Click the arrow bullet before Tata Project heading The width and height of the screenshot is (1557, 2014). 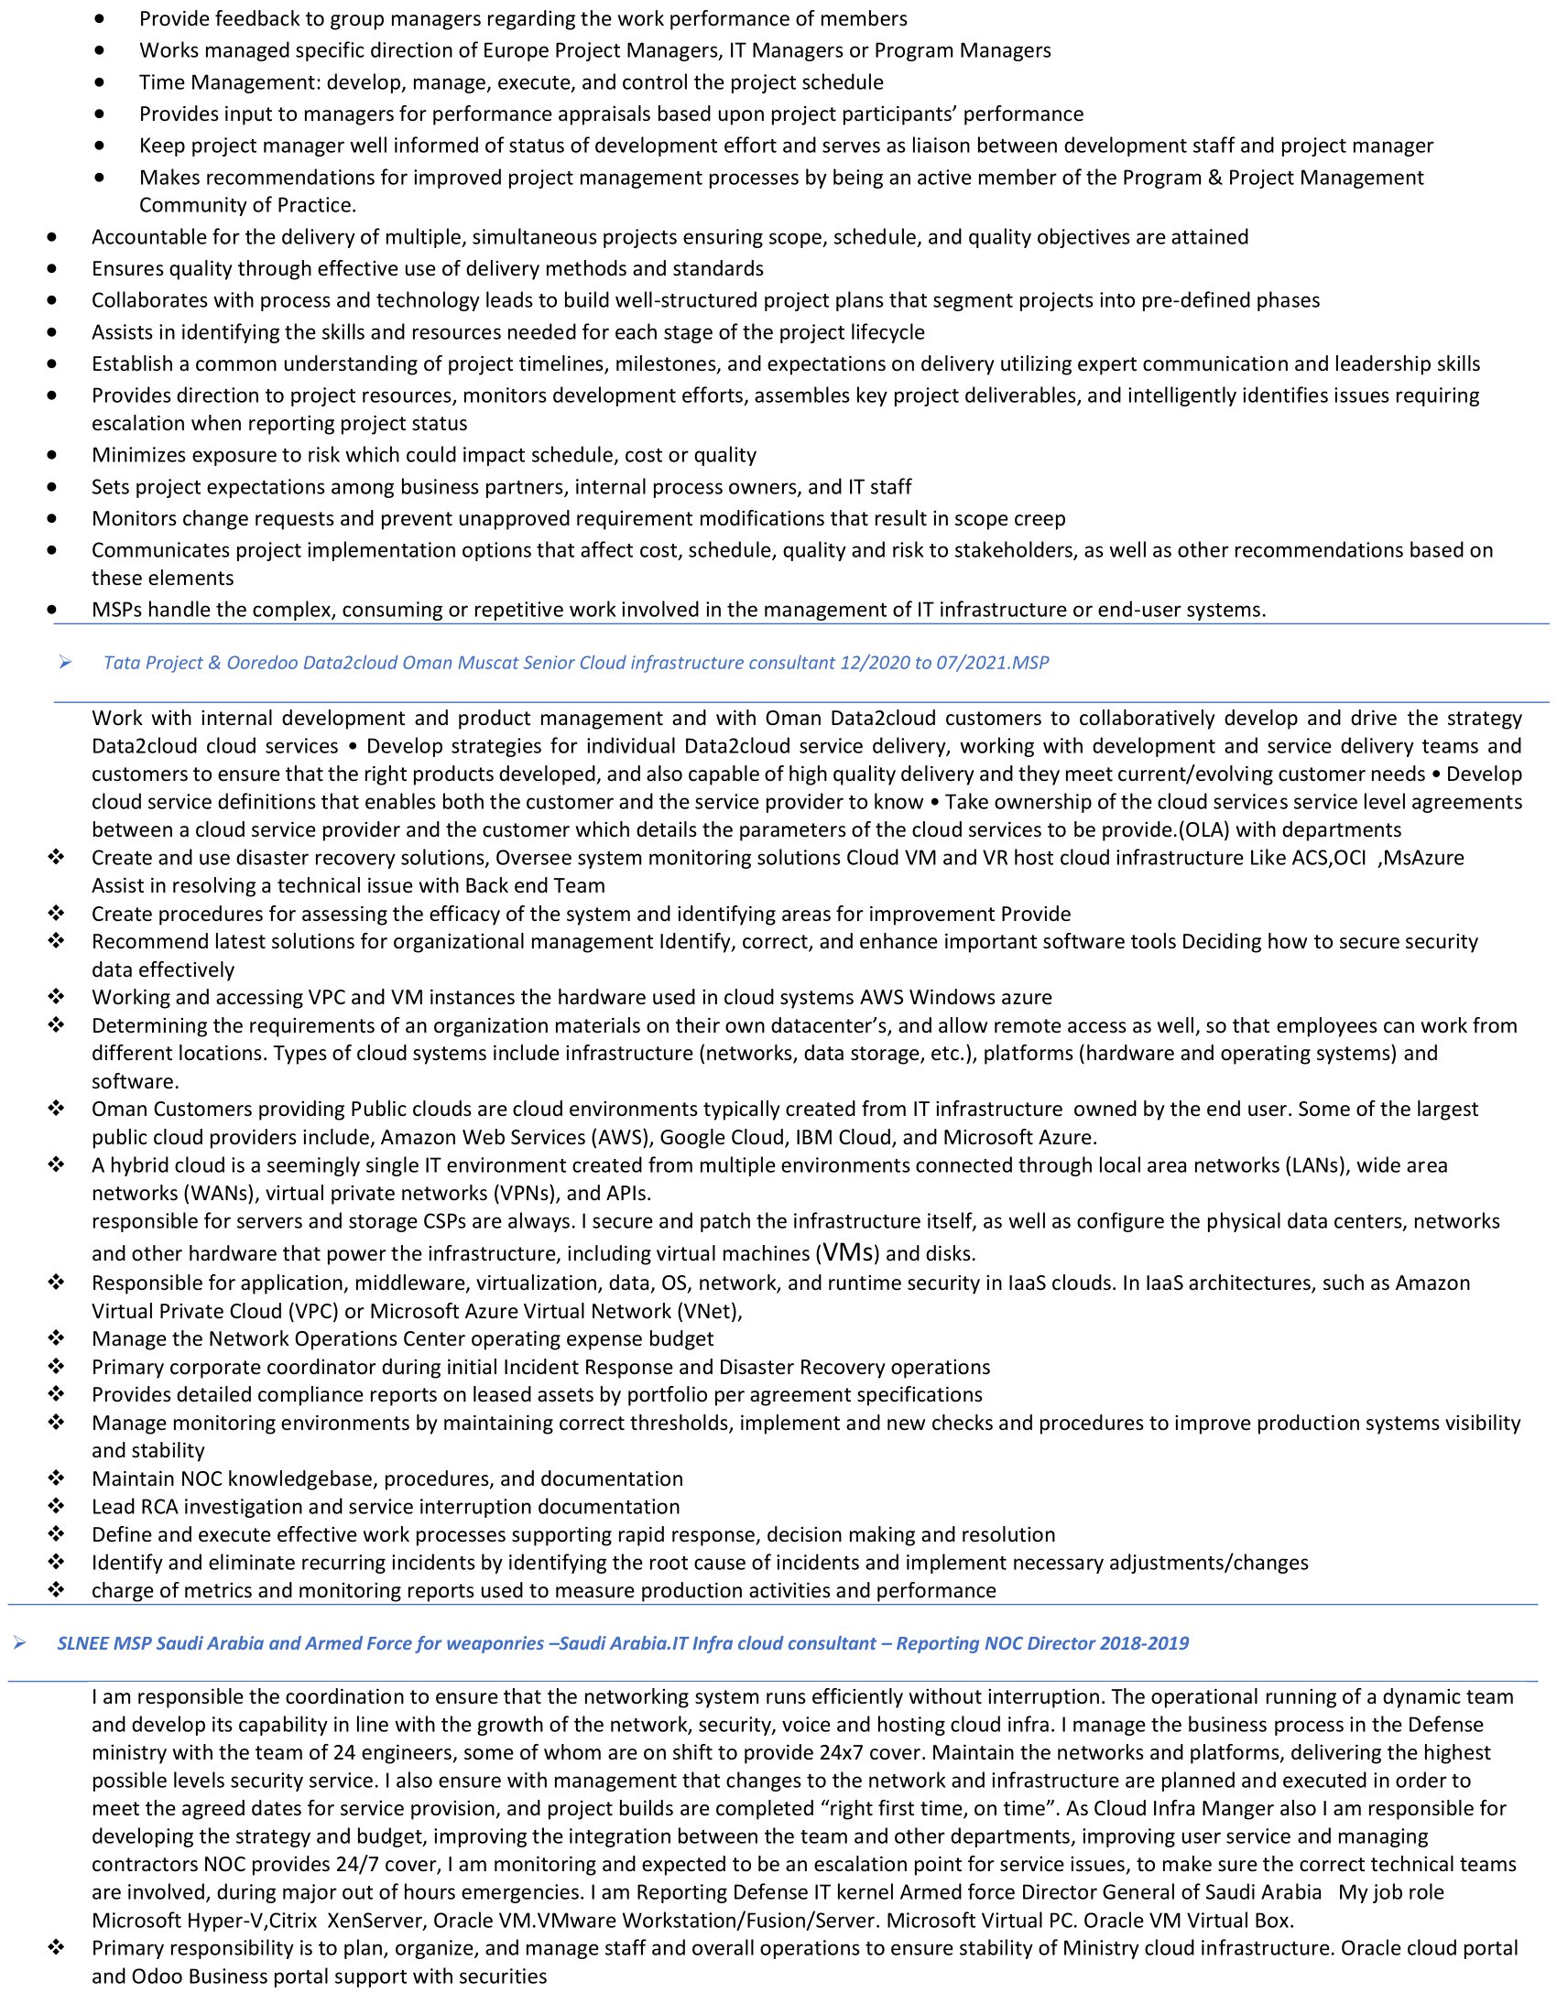(64, 662)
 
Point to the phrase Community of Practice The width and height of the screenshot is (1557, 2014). (247, 205)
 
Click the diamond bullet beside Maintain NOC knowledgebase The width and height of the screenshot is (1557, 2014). (56, 1478)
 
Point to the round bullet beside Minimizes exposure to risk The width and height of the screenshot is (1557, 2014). (51, 455)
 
